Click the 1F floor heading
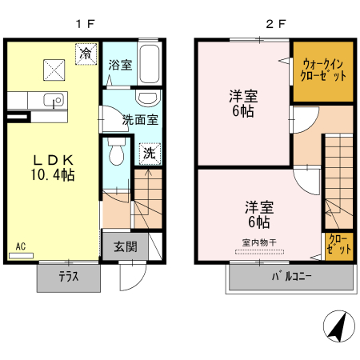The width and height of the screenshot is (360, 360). pos(86,24)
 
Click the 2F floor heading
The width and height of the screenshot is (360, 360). pos(275,24)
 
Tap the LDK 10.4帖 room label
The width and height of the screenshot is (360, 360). pos(53,166)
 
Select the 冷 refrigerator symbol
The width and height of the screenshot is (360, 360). pos(86,53)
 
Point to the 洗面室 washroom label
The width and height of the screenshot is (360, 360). pos(140,121)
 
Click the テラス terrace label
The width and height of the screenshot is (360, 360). pos(68,277)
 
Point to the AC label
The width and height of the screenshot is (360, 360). pos(20,246)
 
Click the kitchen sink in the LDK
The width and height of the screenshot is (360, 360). pos(54,102)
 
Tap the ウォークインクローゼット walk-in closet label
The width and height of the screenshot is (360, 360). pos(323,70)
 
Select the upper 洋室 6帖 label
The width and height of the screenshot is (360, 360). pos(242,103)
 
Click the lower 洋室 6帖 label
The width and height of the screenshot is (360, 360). pos(257,214)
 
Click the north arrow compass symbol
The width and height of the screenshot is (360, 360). pos(338,327)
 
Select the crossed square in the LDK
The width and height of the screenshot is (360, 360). pos(54,69)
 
